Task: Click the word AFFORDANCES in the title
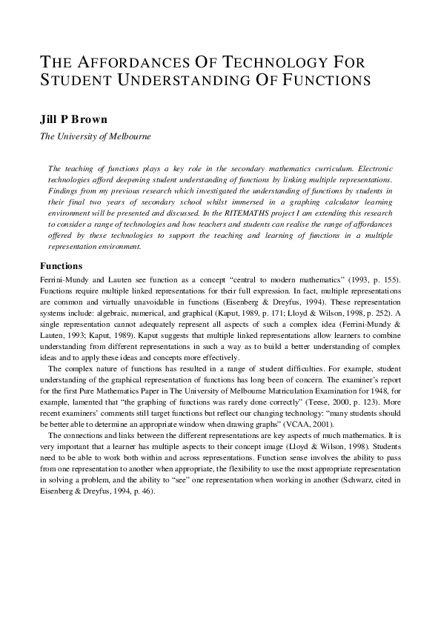tap(123, 60)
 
